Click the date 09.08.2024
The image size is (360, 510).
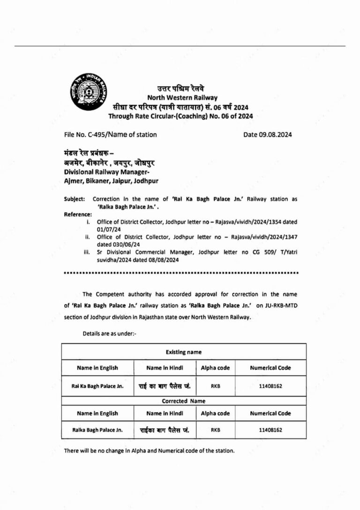268,134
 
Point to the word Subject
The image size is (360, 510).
74,199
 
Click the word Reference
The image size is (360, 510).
78,214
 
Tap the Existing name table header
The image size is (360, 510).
183,352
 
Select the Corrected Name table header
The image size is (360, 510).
183,401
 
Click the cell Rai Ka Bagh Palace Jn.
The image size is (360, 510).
97,386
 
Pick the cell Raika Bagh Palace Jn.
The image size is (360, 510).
97,429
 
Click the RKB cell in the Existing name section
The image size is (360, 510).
215,386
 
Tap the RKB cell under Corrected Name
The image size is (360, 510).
215,429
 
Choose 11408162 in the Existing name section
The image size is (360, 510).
270,386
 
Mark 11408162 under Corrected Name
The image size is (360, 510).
270,429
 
